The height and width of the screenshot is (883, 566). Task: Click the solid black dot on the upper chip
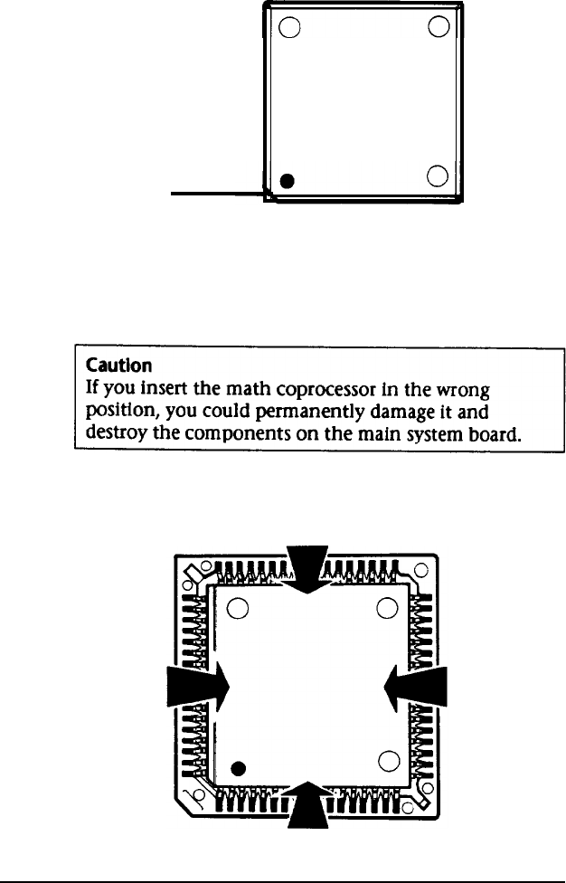[x=287, y=181]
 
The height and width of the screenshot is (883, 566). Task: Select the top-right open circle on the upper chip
[x=439, y=26]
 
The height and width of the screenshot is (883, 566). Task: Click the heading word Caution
[x=113, y=366]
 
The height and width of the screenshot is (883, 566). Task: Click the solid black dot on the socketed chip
[x=238, y=769]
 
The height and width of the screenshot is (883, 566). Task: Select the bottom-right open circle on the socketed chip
[x=387, y=760]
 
